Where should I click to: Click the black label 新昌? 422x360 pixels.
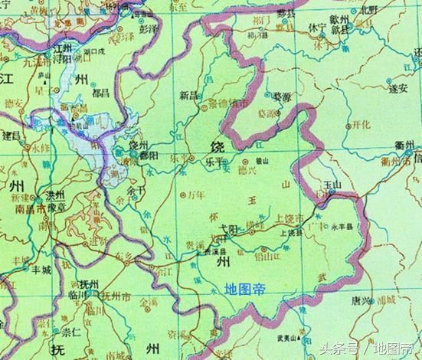point(188,95)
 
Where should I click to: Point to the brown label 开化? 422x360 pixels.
point(360,124)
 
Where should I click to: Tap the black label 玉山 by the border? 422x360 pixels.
point(331,185)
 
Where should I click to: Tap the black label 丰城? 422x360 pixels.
point(41,270)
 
